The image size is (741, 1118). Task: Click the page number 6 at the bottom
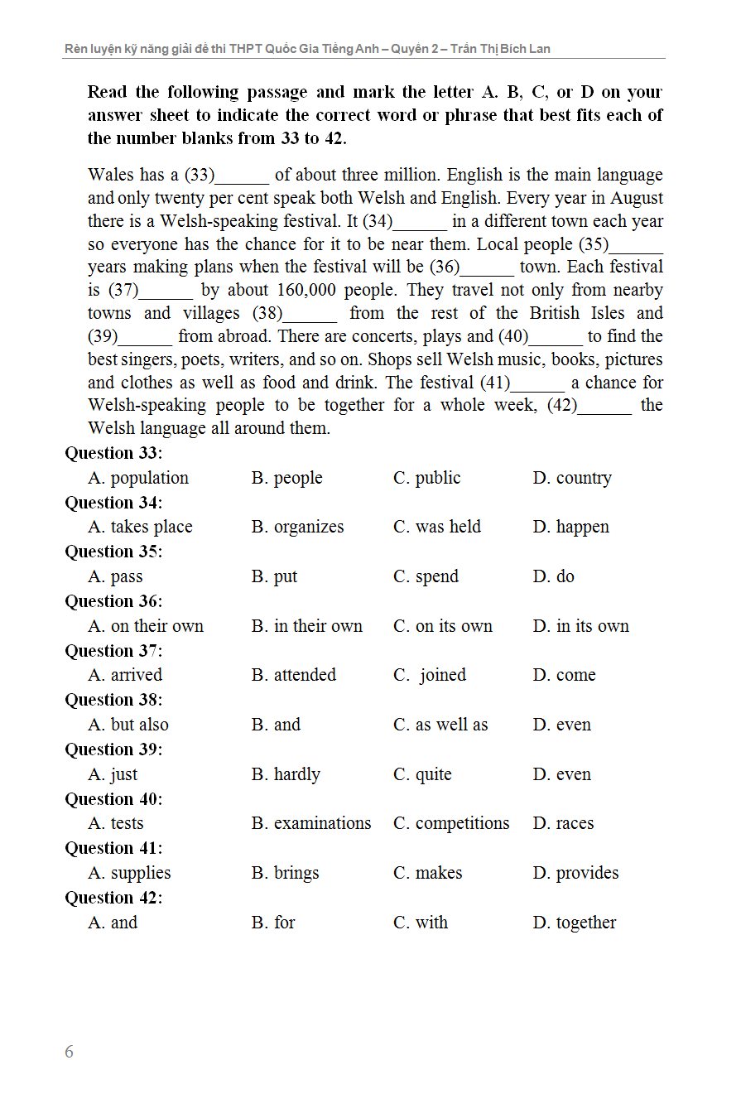[x=69, y=1052]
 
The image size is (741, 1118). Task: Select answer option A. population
[x=138, y=478]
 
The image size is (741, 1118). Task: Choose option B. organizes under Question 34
[x=297, y=527]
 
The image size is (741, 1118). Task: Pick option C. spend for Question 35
[x=426, y=576]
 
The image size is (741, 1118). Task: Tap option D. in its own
[x=580, y=626]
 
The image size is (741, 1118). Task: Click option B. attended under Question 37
[x=294, y=675]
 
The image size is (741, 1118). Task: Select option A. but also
[x=128, y=725]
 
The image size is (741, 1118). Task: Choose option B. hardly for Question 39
[x=286, y=774]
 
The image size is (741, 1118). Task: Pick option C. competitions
[x=451, y=823]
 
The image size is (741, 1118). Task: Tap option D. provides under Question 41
[x=575, y=873]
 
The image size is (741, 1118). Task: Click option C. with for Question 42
[x=421, y=923]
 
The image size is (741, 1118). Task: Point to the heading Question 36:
[x=113, y=601]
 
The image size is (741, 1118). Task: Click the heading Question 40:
[x=113, y=799]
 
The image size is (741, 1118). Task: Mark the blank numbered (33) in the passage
[x=242, y=176]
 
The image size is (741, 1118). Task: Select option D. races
[x=563, y=823]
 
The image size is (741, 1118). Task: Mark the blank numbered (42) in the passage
[x=604, y=406]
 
